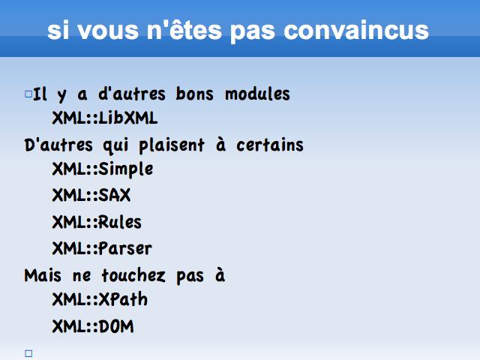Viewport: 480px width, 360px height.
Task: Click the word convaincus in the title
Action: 356,30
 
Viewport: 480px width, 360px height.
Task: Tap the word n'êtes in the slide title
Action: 184,30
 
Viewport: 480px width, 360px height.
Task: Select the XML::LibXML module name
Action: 105,118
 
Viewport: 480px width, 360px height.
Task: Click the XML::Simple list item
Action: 103,169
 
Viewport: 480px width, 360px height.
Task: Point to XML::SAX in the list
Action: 91,195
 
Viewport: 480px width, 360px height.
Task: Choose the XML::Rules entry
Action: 97,222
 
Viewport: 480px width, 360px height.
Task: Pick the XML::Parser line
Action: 102,248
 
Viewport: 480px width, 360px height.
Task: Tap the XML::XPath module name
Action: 100,299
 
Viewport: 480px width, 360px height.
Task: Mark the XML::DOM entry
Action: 93,326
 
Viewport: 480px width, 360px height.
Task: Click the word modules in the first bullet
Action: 257,94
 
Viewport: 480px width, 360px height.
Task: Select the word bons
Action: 195,94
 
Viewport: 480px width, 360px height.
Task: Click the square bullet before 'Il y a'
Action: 28,94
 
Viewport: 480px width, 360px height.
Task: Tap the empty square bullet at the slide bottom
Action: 28,353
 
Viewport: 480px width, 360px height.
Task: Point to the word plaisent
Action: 172,145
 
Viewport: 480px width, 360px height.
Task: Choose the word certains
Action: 270,145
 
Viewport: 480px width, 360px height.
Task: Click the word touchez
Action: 133,275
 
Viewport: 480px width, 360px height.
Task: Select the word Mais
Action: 43,275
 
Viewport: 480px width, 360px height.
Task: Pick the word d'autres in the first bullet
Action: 132,94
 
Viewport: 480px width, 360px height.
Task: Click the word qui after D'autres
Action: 115,146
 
